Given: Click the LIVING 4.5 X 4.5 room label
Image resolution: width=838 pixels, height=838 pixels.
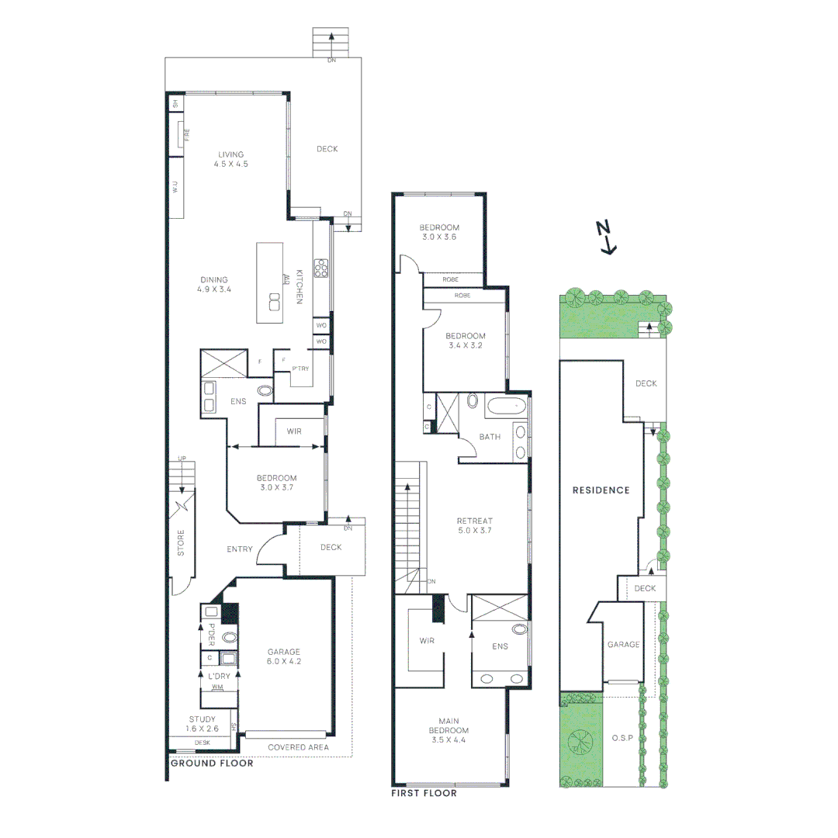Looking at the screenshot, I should (x=230, y=159).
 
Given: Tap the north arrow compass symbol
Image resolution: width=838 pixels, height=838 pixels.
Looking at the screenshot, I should (x=607, y=237).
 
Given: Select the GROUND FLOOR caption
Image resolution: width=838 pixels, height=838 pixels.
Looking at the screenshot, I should (x=211, y=764).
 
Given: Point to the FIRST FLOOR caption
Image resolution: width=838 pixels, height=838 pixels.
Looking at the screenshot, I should (x=424, y=794).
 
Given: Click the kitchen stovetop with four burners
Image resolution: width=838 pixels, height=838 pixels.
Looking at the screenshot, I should (x=320, y=268).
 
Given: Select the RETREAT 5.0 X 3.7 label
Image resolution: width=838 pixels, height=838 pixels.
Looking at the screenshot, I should (x=475, y=525).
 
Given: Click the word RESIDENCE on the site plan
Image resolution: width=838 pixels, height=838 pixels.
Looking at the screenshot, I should (x=601, y=490).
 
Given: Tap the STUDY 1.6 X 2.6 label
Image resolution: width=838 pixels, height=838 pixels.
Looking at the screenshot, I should (x=203, y=724).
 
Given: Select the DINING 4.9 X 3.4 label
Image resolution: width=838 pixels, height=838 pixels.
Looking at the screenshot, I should (x=215, y=284).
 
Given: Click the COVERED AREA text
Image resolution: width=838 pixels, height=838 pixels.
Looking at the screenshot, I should (x=298, y=748).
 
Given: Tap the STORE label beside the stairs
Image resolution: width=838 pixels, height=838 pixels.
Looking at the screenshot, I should (x=182, y=542).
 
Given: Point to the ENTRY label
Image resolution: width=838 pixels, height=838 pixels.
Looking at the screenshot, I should (x=240, y=549).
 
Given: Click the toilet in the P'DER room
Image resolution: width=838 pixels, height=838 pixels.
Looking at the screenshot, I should (x=229, y=638).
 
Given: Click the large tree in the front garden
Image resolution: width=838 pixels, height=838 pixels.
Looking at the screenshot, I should (x=581, y=744).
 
